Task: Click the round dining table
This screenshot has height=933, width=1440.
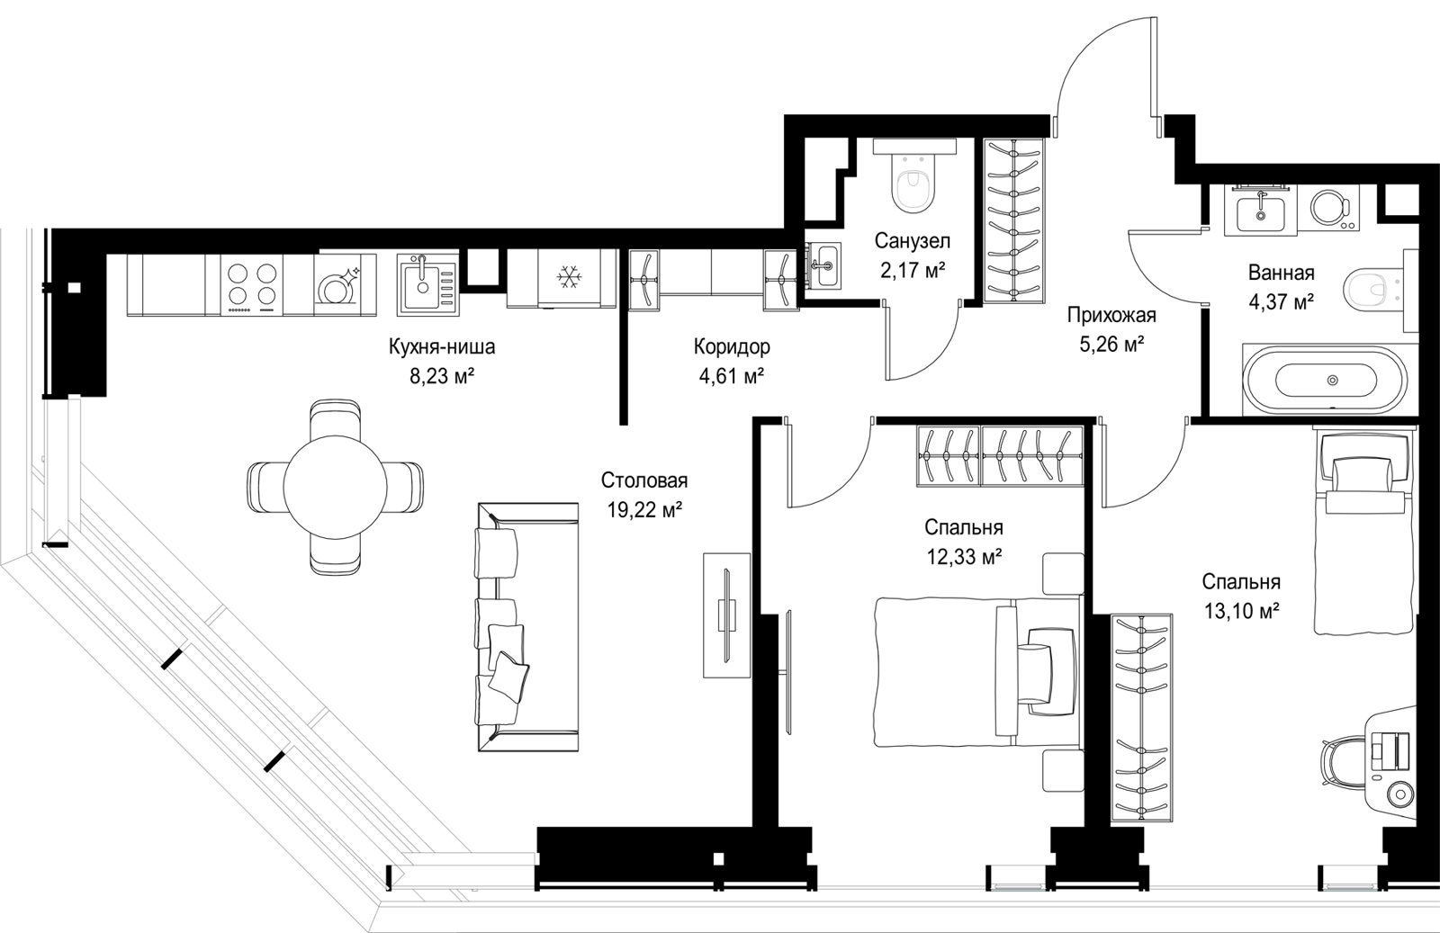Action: [x=335, y=487]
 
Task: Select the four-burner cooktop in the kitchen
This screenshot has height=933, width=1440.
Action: [x=252, y=284]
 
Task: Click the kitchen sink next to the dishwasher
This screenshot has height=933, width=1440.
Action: [x=427, y=284]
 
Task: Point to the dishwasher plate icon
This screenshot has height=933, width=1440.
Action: [x=337, y=286]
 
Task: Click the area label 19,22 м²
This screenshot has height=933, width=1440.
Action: [x=644, y=510]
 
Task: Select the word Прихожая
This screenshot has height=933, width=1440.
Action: [x=1111, y=316]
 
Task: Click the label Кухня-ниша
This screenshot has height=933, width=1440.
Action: [x=442, y=347]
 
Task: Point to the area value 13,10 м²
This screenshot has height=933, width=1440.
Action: [x=1241, y=610]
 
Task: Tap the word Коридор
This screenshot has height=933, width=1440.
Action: [x=732, y=347]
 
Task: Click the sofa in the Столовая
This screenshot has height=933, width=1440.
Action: [x=527, y=627]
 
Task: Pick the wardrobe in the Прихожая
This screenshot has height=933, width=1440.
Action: [x=1014, y=220]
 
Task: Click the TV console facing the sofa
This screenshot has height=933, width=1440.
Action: [x=726, y=615]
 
